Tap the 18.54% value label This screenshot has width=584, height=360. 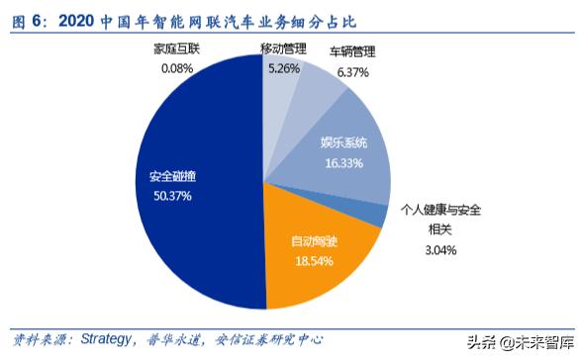point(312,262)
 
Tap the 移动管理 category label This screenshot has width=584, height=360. point(282,49)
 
